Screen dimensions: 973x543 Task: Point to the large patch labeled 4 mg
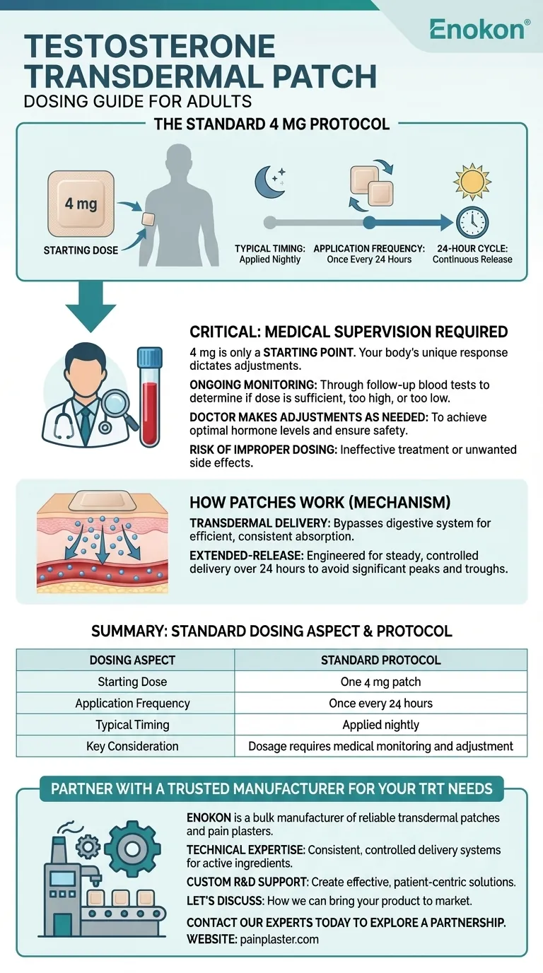(x=81, y=204)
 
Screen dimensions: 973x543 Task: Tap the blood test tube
(x=149, y=395)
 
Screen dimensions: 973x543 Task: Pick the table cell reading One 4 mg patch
(x=380, y=682)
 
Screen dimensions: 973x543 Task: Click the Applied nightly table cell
(x=380, y=724)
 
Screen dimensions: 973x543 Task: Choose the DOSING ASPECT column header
(x=132, y=660)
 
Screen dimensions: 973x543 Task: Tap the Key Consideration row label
(x=132, y=745)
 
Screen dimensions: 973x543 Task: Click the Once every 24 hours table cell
(x=380, y=703)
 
